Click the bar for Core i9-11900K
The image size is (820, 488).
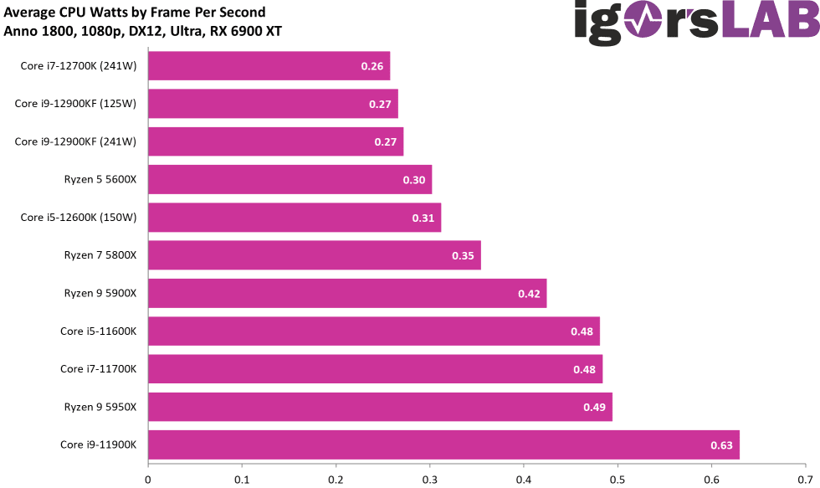click(x=443, y=444)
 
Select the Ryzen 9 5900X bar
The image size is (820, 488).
click(x=347, y=293)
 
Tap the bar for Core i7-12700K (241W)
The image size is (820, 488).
click(x=269, y=66)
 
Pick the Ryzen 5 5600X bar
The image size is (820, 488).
click(x=290, y=180)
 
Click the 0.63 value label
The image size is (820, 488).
click(x=721, y=445)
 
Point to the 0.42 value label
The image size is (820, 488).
click(x=529, y=294)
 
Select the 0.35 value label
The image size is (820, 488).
click(x=463, y=256)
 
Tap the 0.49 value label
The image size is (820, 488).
click(x=594, y=408)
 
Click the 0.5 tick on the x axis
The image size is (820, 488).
click(x=618, y=480)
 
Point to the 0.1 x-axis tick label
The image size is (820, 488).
click(x=242, y=480)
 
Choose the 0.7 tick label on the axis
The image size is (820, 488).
click(x=805, y=480)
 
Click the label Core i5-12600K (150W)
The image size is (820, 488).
click(x=79, y=218)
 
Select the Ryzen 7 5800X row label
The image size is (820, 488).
click(x=100, y=255)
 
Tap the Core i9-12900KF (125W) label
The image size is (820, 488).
click(x=75, y=104)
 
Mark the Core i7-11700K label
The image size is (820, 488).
click(x=98, y=369)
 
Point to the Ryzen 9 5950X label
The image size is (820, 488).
click(x=100, y=407)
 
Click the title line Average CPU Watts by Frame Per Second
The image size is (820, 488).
click(x=135, y=13)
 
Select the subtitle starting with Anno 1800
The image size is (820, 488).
click(x=143, y=32)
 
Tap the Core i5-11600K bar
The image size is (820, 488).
click(x=374, y=331)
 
